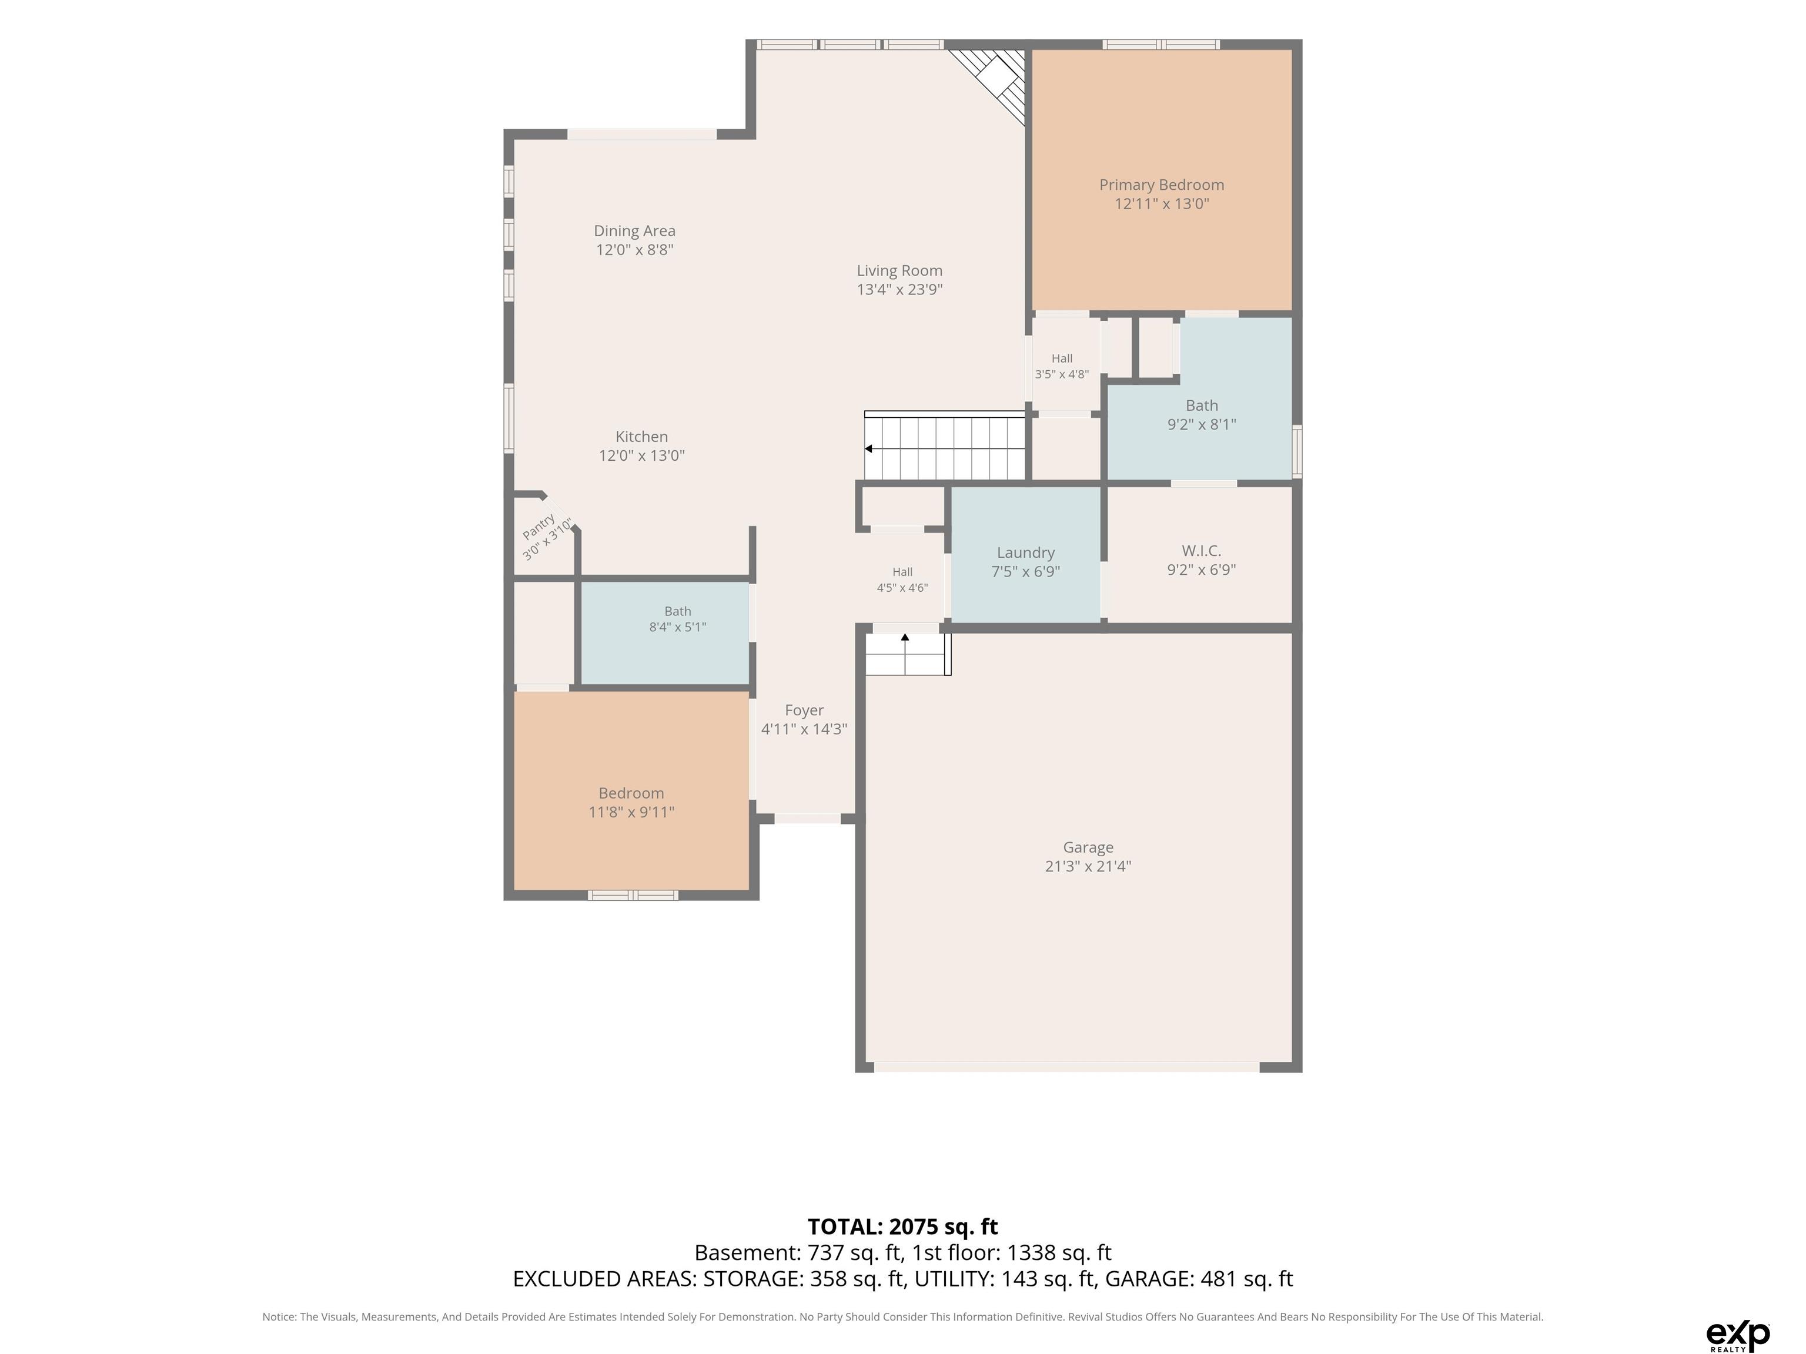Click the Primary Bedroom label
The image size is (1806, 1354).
point(1161,185)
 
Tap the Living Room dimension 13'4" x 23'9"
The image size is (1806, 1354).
point(899,289)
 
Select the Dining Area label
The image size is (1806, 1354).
point(634,231)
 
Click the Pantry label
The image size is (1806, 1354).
point(539,527)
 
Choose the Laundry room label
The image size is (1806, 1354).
point(1025,552)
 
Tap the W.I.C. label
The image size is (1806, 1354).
point(1201,551)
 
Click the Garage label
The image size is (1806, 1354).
point(1088,847)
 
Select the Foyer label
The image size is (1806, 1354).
point(804,710)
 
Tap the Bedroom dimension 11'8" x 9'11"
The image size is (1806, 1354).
point(631,812)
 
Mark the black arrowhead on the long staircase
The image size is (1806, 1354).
point(869,449)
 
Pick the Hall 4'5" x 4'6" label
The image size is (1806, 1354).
point(902,579)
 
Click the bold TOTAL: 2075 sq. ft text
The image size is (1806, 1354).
point(902,1226)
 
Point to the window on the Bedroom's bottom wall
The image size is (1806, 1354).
point(633,896)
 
